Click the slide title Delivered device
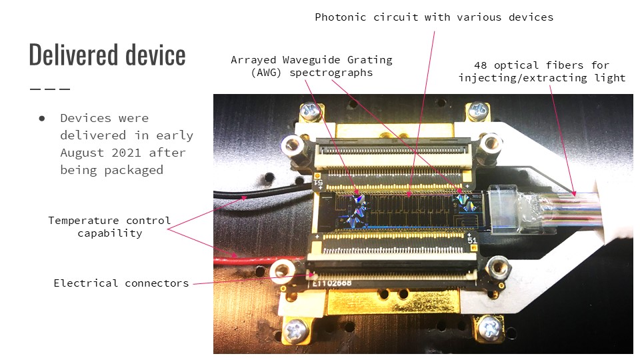click(x=107, y=55)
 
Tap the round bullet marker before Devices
click(x=42, y=118)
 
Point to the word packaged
click(x=134, y=170)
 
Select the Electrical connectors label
click(x=121, y=283)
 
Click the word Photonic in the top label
click(x=341, y=17)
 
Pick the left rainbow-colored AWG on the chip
click(x=357, y=207)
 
